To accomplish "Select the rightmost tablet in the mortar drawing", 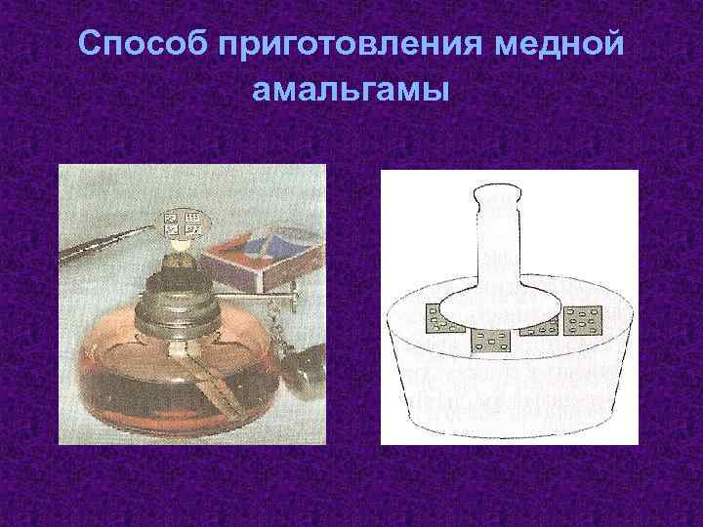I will (x=586, y=319).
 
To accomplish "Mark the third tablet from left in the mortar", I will (x=539, y=328).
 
